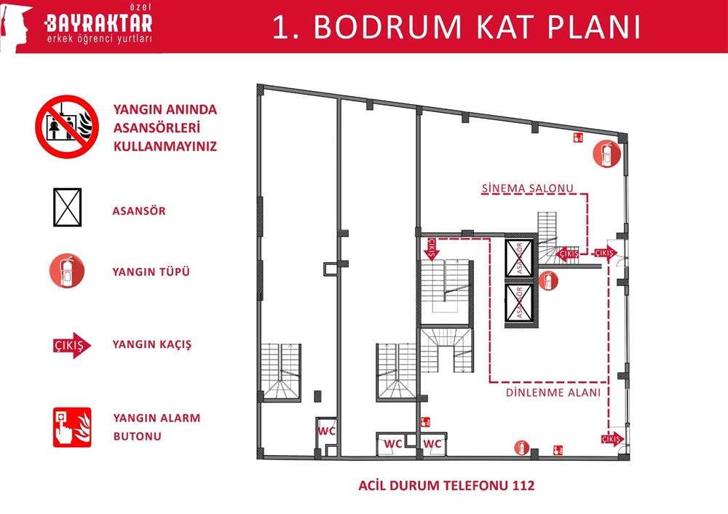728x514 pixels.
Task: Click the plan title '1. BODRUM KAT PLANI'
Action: click(456, 27)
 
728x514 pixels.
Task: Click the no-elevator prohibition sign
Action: click(67, 127)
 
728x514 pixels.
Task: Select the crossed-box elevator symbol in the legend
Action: click(67, 207)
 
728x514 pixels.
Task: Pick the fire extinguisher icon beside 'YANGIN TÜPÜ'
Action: click(67, 270)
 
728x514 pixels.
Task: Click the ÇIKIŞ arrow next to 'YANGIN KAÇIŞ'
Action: click(71, 345)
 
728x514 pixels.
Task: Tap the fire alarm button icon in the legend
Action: click(72, 427)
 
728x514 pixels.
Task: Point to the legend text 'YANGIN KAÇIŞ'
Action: click(152, 344)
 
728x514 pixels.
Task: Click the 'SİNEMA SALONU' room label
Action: click(527, 188)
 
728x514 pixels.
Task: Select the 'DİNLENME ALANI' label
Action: click(553, 392)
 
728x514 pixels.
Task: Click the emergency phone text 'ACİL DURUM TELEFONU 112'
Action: click(446, 486)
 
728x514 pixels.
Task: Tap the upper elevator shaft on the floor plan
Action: click(519, 258)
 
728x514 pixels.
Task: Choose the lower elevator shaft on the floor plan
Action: click(519, 303)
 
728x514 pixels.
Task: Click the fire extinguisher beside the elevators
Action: click(548, 280)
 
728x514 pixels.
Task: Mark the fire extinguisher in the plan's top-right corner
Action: click(607, 154)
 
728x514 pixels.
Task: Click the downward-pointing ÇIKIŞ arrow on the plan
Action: click(431, 249)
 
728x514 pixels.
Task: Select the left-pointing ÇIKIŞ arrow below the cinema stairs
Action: click(567, 253)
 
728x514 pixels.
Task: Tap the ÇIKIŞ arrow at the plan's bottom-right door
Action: click(613, 439)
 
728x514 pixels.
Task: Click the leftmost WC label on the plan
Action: click(326, 431)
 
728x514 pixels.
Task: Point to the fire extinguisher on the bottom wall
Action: click(522, 448)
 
